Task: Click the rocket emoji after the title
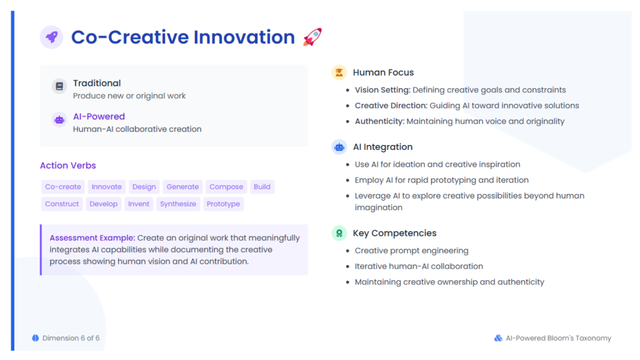pyautogui.click(x=312, y=37)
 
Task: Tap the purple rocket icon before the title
pyautogui.click(x=51, y=37)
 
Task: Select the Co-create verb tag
pyautogui.click(x=63, y=187)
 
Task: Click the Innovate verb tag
pyautogui.click(x=106, y=187)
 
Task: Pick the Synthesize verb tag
pyautogui.click(x=178, y=204)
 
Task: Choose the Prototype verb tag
pyautogui.click(x=223, y=204)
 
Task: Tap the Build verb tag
pyautogui.click(x=262, y=187)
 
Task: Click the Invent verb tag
pyautogui.click(x=139, y=204)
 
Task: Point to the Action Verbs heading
pyautogui.click(x=67, y=165)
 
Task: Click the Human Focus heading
pyautogui.click(x=383, y=72)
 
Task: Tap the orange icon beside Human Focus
pyautogui.click(x=339, y=72)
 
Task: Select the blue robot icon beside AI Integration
pyautogui.click(x=339, y=147)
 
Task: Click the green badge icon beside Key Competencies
pyautogui.click(x=339, y=233)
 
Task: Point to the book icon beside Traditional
pyautogui.click(x=59, y=86)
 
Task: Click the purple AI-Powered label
pyautogui.click(x=99, y=117)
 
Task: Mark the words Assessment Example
pyautogui.click(x=92, y=238)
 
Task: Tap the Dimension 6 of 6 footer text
pyautogui.click(x=71, y=338)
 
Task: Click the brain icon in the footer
pyautogui.click(x=36, y=338)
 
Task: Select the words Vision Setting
pyautogui.click(x=382, y=90)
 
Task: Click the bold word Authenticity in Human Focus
pyautogui.click(x=379, y=122)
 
